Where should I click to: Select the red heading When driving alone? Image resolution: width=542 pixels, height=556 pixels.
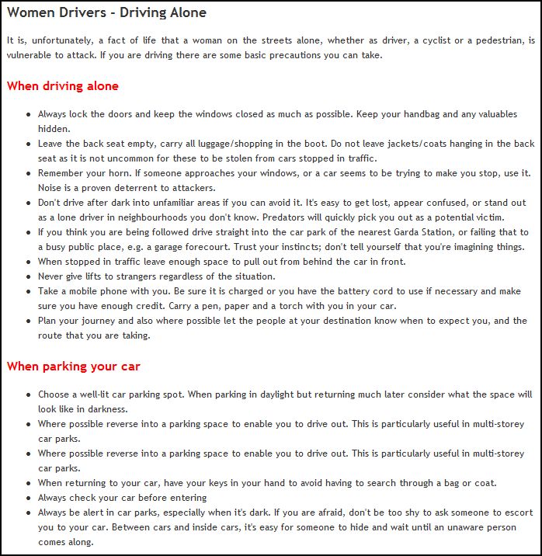(x=62, y=85)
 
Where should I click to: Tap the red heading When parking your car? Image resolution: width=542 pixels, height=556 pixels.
(x=73, y=366)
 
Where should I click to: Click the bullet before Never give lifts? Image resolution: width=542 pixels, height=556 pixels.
(x=28, y=277)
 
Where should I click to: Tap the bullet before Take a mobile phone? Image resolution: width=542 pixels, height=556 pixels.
(x=28, y=292)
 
